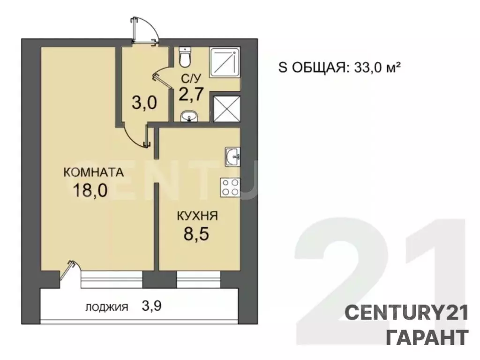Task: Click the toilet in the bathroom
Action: tap(185, 57)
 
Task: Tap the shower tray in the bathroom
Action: tap(225, 62)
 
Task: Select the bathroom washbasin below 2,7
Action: tap(189, 117)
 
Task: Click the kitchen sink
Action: tap(232, 157)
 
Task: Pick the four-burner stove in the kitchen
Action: tap(230, 187)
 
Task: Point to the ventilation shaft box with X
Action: tap(226, 109)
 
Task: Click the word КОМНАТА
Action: tap(94, 172)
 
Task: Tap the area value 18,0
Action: tap(90, 190)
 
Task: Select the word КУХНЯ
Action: tap(197, 216)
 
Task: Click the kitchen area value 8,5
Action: tap(196, 234)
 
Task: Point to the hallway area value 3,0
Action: tap(144, 103)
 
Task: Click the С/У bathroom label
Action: tap(191, 79)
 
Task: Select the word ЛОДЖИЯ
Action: tap(107, 307)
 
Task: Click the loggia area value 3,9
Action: tap(151, 306)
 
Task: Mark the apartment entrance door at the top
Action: tap(144, 30)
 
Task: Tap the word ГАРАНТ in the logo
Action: tap(427, 337)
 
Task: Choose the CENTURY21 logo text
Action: tap(407, 313)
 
